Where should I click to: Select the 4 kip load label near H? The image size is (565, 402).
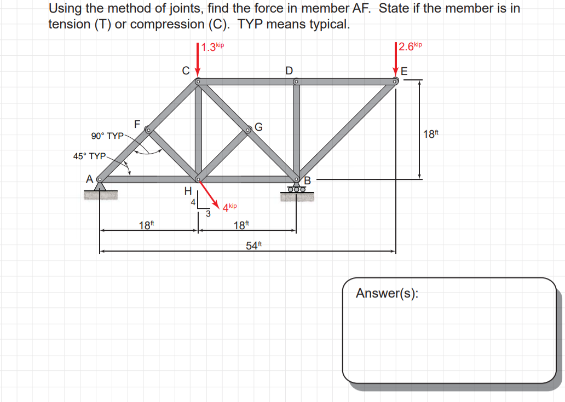pos(229,207)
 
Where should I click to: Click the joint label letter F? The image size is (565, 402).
pos(137,124)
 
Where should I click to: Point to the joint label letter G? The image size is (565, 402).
pos(258,127)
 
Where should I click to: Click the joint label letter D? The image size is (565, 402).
pos(289,70)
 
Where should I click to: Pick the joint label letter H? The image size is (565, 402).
pos(187,191)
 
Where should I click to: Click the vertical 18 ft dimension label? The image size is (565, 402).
pos(431,133)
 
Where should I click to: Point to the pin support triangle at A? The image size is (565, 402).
pos(100,187)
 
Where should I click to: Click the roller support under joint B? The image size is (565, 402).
pos(297,189)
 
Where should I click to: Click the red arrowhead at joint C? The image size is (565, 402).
pos(198,73)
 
